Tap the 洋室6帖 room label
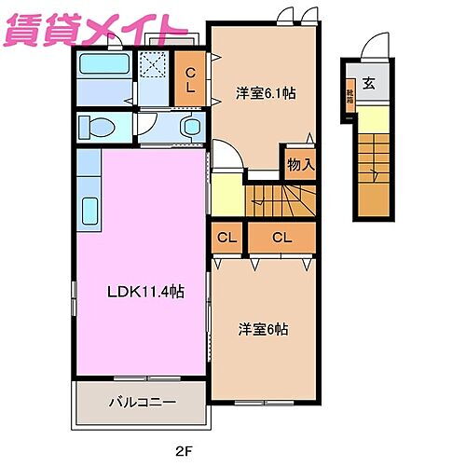coord(262,329)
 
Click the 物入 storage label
coord(300,165)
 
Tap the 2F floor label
coord(187,451)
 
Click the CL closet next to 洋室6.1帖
coord(190,81)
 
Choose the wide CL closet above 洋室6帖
coord(281,238)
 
